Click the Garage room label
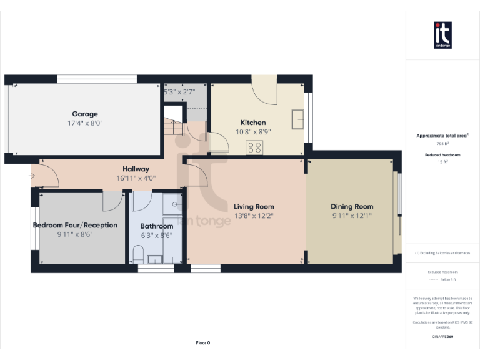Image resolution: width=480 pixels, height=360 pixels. (x=85, y=114)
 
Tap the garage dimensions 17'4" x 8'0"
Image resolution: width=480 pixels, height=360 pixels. (x=85, y=123)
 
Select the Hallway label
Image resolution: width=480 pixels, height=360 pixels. (x=136, y=169)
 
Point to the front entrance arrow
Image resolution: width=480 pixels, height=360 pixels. (x=32, y=176)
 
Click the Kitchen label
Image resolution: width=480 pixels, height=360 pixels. (x=253, y=122)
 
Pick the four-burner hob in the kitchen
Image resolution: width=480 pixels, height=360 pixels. (x=254, y=147)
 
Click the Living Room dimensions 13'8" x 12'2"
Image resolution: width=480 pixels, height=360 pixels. (x=254, y=216)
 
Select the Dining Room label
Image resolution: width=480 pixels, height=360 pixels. (x=352, y=207)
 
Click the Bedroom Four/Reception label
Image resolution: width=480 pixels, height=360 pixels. (x=75, y=225)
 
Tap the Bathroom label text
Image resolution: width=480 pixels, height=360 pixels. (x=156, y=226)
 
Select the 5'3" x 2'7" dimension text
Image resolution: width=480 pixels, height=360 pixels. (x=179, y=91)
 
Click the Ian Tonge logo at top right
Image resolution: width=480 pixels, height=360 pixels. (x=442, y=35)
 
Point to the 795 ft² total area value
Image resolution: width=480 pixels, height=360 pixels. (x=442, y=143)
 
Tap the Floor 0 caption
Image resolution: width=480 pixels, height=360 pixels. (x=203, y=342)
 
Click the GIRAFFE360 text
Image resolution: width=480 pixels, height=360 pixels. (x=442, y=337)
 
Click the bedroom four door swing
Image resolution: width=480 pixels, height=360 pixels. (x=112, y=201)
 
